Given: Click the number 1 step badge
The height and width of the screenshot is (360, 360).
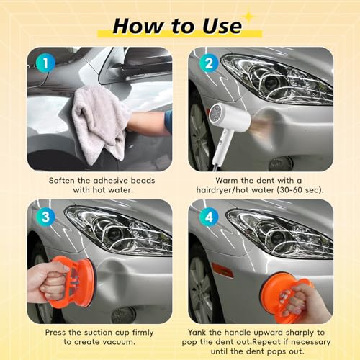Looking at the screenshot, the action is tap(45, 63).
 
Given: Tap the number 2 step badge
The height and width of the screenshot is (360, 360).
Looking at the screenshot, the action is tap(209, 63).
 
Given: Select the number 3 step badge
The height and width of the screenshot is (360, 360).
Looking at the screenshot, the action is tap(45, 217).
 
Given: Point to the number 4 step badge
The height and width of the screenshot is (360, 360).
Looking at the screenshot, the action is tap(209, 217).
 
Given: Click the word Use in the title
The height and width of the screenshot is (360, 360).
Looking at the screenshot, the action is tap(222, 26).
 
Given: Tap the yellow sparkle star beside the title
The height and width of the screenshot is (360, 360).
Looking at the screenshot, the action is tap(249, 17).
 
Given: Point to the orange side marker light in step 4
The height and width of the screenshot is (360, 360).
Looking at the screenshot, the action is tap(222, 270).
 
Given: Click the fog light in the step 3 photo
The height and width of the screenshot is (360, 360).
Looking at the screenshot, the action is tap(123, 315).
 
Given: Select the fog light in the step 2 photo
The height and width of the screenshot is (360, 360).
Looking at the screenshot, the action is tap(281, 163).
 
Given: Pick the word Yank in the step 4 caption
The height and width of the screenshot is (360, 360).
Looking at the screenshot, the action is tap(197, 333).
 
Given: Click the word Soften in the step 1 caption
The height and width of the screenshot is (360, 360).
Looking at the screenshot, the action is tap(60, 181).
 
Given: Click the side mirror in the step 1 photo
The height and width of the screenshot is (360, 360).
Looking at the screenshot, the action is tap(135, 65).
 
